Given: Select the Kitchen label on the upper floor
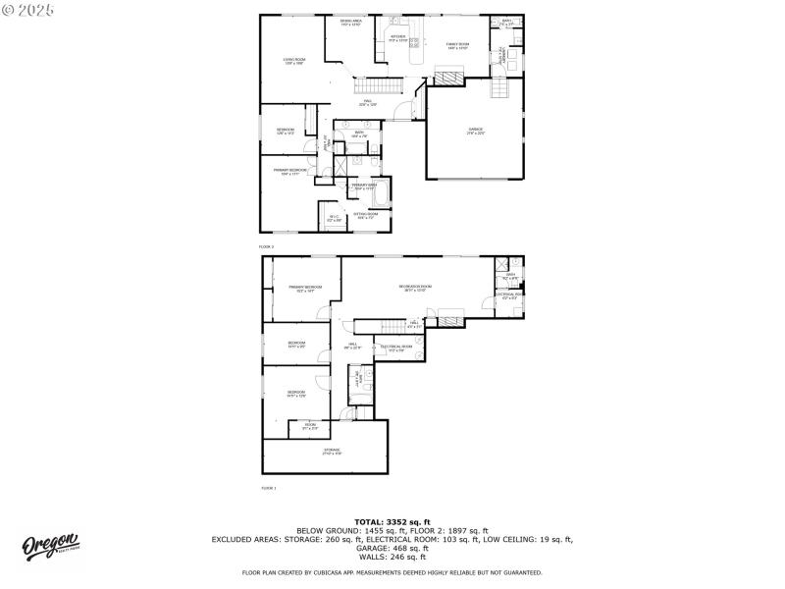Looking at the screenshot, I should tap(397, 38).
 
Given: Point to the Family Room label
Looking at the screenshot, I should tap(458, 45).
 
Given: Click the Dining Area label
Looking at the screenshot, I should tap(350, 23).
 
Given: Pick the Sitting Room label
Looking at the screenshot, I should tap(366, 216).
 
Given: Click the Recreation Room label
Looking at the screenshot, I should tap(415, 288).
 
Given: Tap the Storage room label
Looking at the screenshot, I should tap(332, 453).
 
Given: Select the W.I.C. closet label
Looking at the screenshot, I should tap(333, 218).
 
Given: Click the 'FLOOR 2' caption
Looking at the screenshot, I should tap(266, 246).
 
